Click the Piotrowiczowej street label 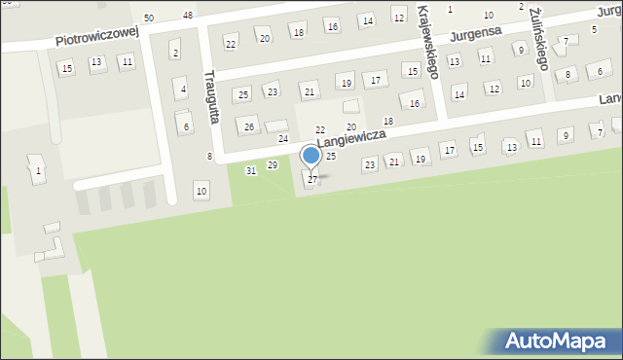[97, 37]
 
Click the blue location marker [311, 156]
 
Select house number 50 [149, 18]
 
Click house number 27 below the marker [312, 180]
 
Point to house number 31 [251, 170]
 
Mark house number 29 [273, 165]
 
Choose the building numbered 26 [249, 127]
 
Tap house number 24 [283, 139]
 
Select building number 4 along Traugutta [182, 90]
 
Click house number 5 [594, 30]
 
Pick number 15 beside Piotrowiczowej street [66, 69]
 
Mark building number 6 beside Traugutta [185, 126]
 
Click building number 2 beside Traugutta [175, 52]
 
